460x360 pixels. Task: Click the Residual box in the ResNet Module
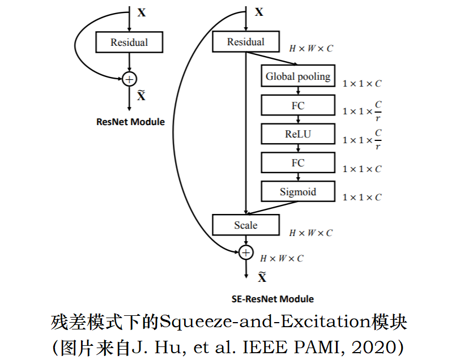pyautogui.click(x=129, y=42)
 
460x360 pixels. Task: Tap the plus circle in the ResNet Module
pyautogui.click(x=130, y=78)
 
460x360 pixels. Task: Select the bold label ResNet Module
pyautogui.click(x=130, y=122)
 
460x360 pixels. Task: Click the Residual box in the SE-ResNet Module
pyautogui.click(x=246, y=42)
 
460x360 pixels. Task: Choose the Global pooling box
pyautogui.click(x=298, y=76)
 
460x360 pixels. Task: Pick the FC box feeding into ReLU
pyautogui.click(x=298, y=105)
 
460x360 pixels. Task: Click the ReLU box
pyautogui.click(x=298, y=134)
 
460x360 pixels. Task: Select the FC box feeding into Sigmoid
pyautogui.click(x=298, y=163)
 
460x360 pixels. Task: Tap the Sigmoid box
pyautogui.click(x=298, y=192)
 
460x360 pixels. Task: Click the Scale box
pyautogui.click(x=246, y=225)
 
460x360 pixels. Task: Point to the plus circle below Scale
pyautogui.click(x=246, y=252)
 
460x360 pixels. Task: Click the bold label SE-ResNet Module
pyautogui.click(x=272, y=299)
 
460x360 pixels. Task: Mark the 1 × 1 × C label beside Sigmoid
pyautogui.click(x=362, y=198)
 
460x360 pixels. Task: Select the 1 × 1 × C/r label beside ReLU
pyautogui.click(x=362, y=140)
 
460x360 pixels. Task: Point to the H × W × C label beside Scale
pyautogui.click(x=311, y=233)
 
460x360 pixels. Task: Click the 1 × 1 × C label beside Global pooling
pyautogui.click(x=362, y=83)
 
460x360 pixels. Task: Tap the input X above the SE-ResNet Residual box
pyautogui.click(x=259, y=12)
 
